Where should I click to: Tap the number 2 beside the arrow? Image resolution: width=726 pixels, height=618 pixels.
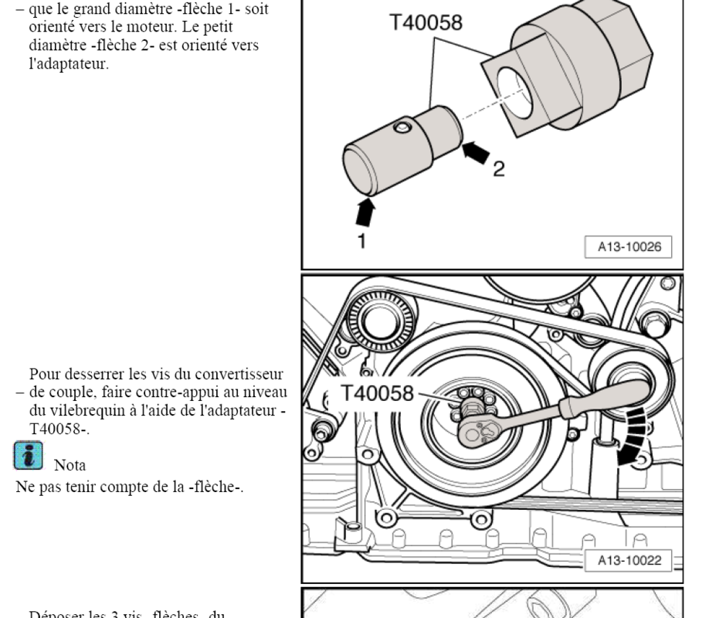click(x=499, y=169)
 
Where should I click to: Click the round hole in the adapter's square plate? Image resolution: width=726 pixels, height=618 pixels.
click(x=514, y=92)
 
